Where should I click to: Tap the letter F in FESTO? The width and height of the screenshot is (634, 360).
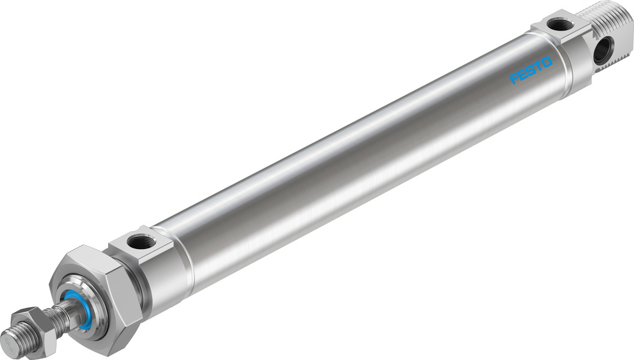click(x=515, y=79)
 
